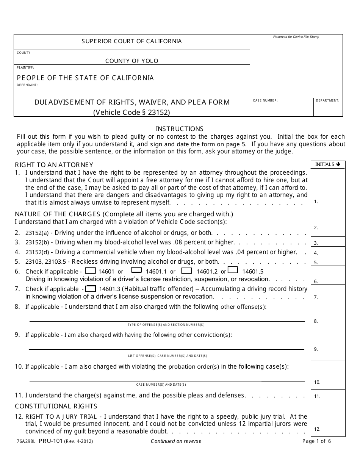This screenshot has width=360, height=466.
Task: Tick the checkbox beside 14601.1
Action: (x=136, y=271)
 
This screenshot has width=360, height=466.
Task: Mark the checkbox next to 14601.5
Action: (x=233, y=271)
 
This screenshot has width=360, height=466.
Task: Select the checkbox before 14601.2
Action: (x=186, y=271)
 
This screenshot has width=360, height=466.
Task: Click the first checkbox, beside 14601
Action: (x=90, y=271)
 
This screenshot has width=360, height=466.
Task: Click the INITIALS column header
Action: (x=328, y=164)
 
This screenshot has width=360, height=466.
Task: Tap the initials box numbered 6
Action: (x=328, y=275)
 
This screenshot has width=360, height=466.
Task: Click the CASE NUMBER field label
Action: (x=265, y=101)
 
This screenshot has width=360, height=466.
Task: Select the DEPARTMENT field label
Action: (x=328, y=101)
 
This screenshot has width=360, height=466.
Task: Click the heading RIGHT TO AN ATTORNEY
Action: (x=54, y=165)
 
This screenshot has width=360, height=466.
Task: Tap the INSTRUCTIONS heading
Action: (x=180, y=129)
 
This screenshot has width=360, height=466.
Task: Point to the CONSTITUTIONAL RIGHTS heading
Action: (x=56, y=406)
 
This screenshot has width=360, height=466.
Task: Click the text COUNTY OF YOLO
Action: (x=131, y=61)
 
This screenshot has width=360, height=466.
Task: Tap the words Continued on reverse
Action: (x=176, y=441)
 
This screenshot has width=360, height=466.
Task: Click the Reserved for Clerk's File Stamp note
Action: (x=296, y=37)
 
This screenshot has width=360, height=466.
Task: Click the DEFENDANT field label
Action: (x=27, y=85)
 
